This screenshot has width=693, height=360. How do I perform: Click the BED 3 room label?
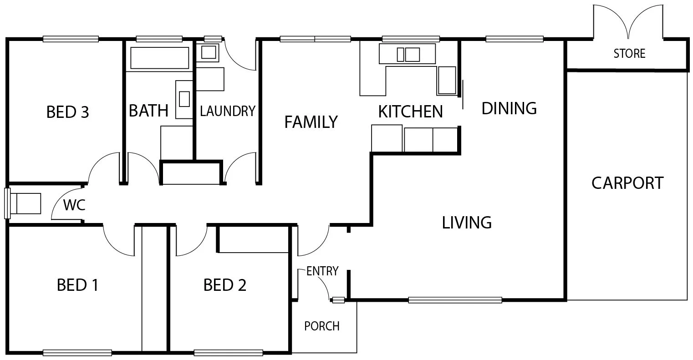(68, 112)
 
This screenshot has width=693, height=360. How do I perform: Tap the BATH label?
(148, 111)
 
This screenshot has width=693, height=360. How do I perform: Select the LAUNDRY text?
(227, 111)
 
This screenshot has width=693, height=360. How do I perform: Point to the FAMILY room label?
(311, 122)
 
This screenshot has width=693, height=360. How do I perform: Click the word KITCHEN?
(410, 112)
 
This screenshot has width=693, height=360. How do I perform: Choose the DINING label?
(509, 108)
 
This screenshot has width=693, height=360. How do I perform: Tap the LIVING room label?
(467, 223)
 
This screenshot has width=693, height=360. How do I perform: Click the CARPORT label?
(627, 183)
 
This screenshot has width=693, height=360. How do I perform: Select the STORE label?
(629, 54)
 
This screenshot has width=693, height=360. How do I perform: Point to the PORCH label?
(321, 326)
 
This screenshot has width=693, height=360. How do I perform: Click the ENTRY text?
(322, 271)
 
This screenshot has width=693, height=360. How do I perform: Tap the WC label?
(74, 205)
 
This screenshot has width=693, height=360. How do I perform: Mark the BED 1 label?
(77, 285)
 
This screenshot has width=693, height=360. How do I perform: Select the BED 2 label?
(225, 285)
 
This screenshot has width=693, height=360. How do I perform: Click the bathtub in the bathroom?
(159, 58)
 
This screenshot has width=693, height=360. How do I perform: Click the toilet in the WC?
(25, 203)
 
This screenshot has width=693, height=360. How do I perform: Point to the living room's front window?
(455, 300)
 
